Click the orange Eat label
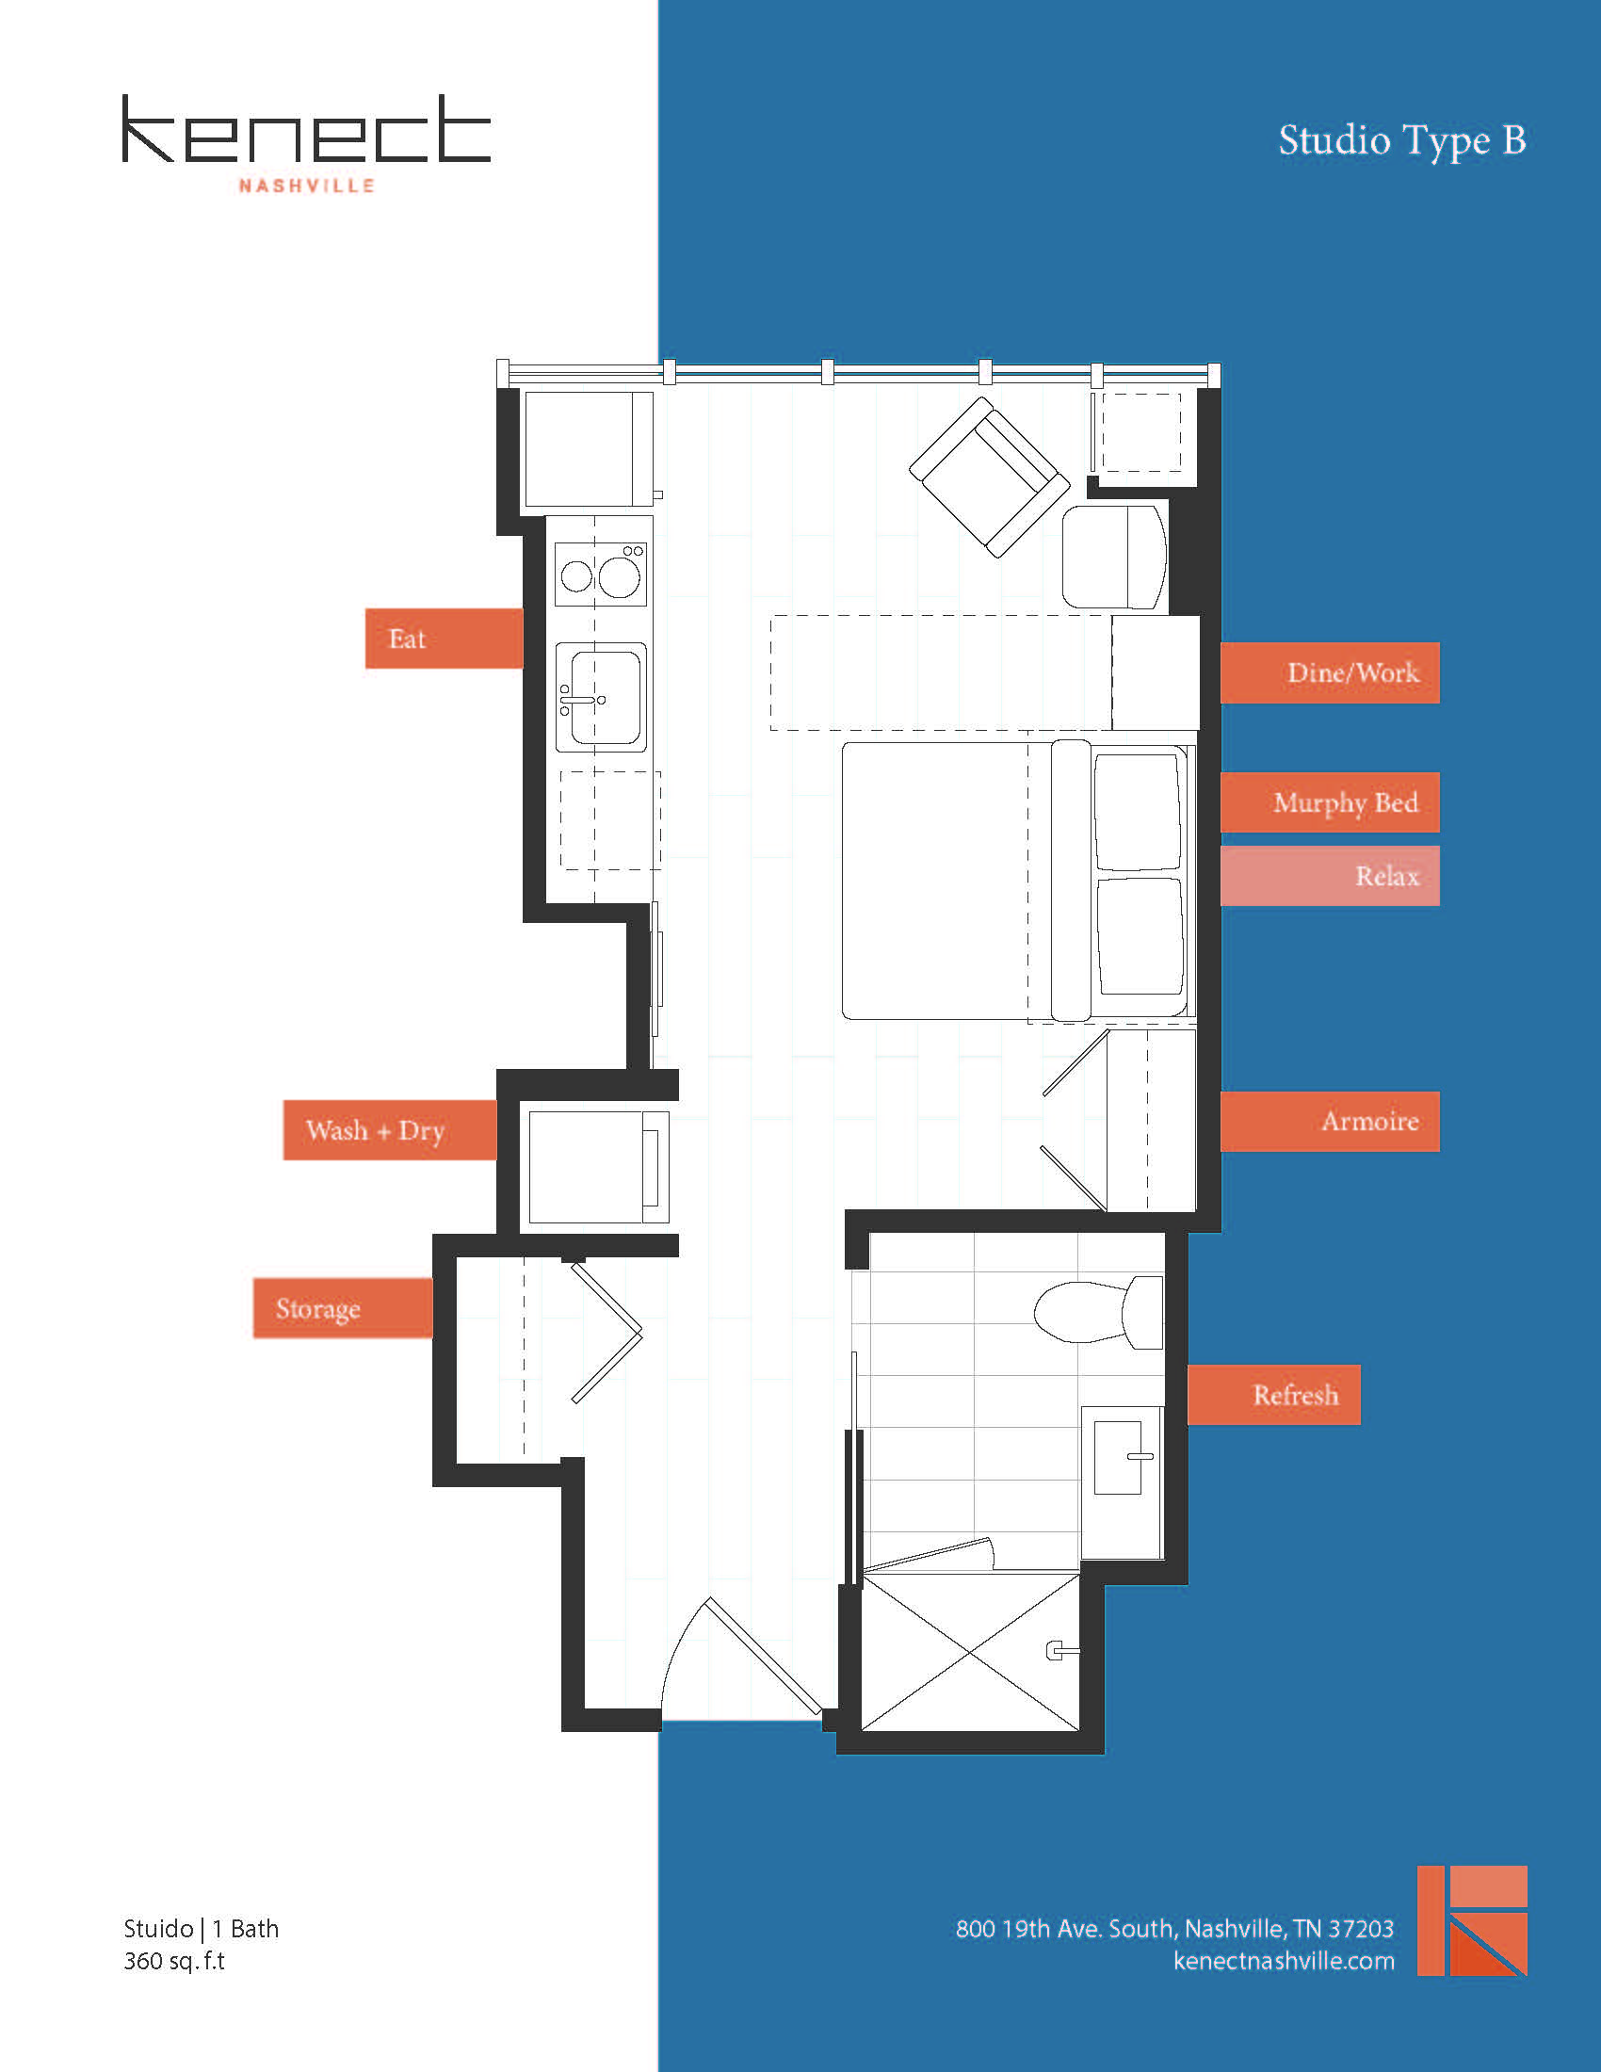click(443, 639)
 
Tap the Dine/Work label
click(1329, 672)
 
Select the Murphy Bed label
click(1329, 802)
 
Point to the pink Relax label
click(1329, 876)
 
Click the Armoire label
click(1329, 1122)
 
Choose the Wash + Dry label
click(389, 1130)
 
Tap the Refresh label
click(1273, 1395)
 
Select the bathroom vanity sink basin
click(1119, 1457)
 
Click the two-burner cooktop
click(601, 575)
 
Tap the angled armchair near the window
click(988, 478)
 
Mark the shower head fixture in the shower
click(1059, 1651)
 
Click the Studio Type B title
click(1401, 140)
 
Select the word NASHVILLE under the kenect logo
click(306, 186)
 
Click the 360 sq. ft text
click(173, 1961)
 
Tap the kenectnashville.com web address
click(1284, 1961)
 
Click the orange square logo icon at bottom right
click(1471, 1921)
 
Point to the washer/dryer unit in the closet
click(597, 1167)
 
